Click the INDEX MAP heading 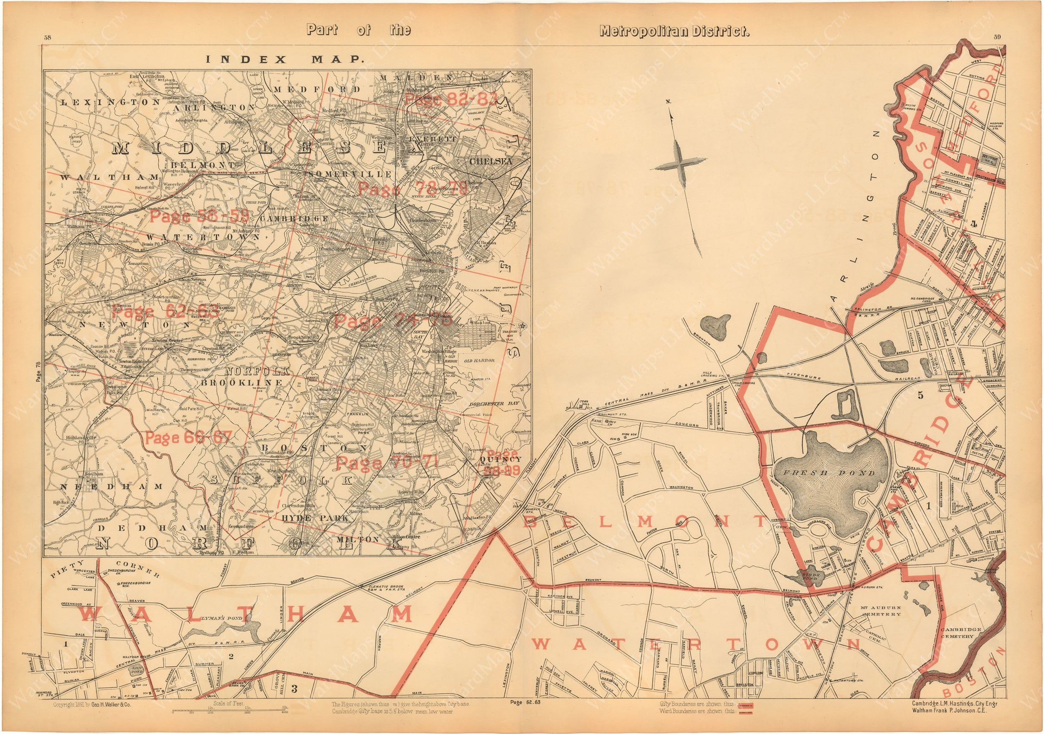pos(285,60)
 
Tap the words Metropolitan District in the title pos(674,31)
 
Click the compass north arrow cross pos(680,162)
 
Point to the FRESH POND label pos(829,473)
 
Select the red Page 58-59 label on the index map pos(199,216)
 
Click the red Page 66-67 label pos(188,438)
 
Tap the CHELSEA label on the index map pos(491,161)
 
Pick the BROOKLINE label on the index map pos(242,383)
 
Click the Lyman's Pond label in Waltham pos(221,618)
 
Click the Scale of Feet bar pos(229,712)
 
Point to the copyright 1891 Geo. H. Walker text pos(92,704)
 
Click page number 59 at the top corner pos(997,37)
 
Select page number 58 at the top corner pos(47,37)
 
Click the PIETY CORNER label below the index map pos(104,569)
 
